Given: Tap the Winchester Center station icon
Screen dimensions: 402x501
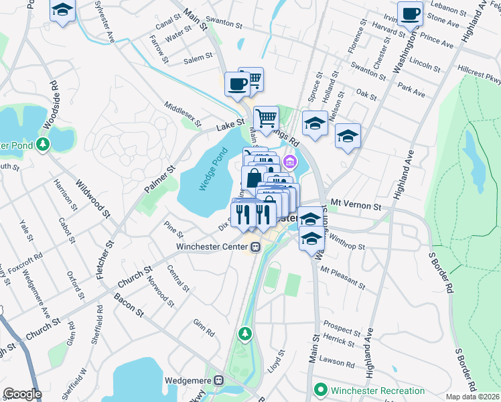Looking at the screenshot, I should click(x=255, y=247).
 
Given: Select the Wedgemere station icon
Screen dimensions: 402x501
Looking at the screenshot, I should click(x=218, y=381).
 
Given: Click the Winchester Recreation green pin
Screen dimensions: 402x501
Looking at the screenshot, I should click(x=321, y=389).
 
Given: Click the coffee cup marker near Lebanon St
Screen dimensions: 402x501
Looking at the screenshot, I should click(x=410, y=13).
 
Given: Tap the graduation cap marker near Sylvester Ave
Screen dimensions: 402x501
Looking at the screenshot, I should click(x=62, y=10).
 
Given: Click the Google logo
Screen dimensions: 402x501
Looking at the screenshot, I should click(x=22, y=394).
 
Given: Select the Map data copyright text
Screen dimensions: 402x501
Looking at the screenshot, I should click(x=473, y=397).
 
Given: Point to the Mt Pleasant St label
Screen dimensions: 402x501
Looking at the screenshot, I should click(x=344, y=277).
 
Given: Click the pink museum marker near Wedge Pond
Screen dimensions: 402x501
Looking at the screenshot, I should click(x=290, y=161).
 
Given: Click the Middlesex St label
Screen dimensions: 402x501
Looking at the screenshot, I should click(x=183, y=115).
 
